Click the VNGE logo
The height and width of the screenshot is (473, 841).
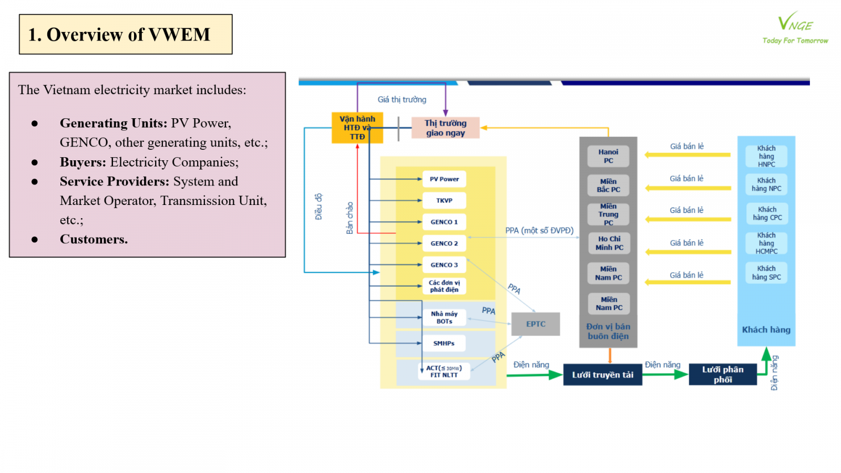point(795,27)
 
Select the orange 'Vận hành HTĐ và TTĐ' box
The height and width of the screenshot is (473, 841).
point(357,128)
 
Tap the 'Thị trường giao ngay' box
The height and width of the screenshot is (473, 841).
point(445,128)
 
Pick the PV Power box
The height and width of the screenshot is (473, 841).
point(444,179)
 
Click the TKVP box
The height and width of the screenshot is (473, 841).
point(444,201)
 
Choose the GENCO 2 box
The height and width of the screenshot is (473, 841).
point(444,243)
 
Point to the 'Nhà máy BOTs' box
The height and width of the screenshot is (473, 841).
point(444,317)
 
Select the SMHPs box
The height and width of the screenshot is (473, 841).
point(444,343)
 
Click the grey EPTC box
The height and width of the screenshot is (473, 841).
point(535,324)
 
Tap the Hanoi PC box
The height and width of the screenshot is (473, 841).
point(608,156)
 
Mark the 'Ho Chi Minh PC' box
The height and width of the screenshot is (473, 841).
point(609,243)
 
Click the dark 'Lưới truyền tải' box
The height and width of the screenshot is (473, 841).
point(602,375)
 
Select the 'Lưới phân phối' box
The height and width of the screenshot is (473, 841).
point(723,374)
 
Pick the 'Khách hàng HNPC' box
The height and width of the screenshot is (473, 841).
point(766,156)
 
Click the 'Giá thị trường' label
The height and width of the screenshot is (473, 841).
point(402,100)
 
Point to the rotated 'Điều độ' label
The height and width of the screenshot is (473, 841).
point(319,207)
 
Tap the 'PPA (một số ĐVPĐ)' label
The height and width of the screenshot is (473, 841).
point(539,230)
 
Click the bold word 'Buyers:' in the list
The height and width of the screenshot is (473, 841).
point(83,162)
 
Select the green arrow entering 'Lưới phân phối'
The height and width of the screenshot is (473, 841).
point(665,375)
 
